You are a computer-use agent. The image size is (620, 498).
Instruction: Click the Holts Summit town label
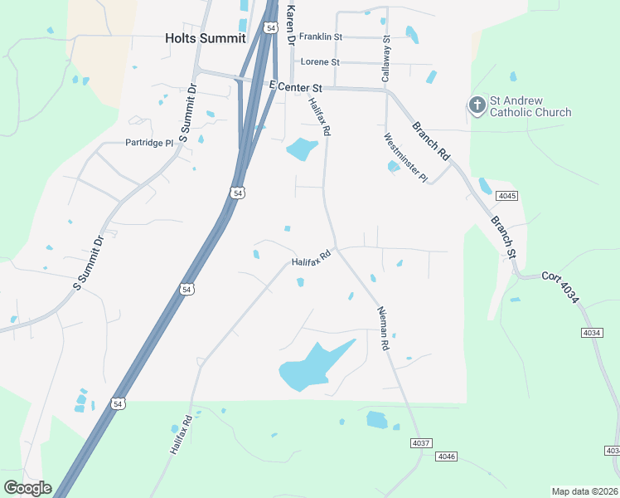pyautogui.click(x=205, y=38)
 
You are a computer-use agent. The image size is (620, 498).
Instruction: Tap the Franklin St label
pyautogui.click(x=321, y=37)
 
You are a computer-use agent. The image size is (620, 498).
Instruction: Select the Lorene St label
pyautogui.click(x=320, y=61)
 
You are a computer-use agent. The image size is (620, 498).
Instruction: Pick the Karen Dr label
pyautogui.click(x=290, y=24)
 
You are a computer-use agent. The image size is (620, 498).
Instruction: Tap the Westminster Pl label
pyautogui.click(x=405, y=158)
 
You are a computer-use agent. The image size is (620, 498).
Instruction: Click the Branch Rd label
pyautogui.click(x=431, y=141)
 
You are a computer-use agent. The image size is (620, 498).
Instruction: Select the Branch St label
pyautogui.click(x=503, y=236)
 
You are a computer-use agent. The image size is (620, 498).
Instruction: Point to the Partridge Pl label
pyautogui.click(x=149, y=143)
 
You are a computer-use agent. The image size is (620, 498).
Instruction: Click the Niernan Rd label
pyautogui.click(x=382, y=328)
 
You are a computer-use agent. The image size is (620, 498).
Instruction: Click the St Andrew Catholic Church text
pyautogui.click(x=530, y=106)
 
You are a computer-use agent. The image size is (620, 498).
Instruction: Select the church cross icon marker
pyautogui.click(x=477, y=105)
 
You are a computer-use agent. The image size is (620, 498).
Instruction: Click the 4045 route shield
pyautogui.click(x=506, y=196)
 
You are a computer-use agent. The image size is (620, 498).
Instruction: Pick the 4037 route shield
pyautogui.click(x=420, y=444)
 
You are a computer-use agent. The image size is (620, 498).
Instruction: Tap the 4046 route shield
pyautogui.click(x=447, y=456)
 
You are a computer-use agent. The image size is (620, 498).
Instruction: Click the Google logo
pyautogui.click(x=27, y=488)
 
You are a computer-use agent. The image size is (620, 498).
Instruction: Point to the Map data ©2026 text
pyautogui.click(x=585, y=491)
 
